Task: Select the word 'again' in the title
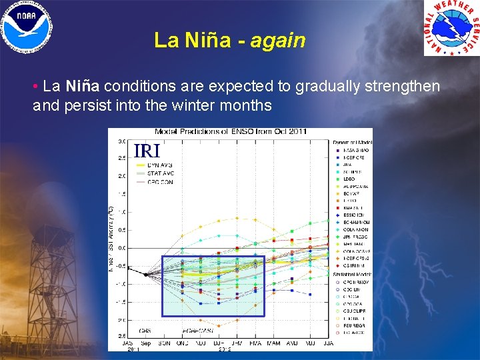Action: click(279, 41)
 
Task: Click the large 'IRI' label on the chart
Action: click(147, 151)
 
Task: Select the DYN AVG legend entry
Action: click(160, 165)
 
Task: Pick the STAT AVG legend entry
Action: click(160, 173)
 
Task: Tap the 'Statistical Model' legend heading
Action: click(351, 274)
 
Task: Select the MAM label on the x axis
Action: click(273, 343)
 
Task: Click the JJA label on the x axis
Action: click(328, 343)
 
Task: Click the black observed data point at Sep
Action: click(146, 274)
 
